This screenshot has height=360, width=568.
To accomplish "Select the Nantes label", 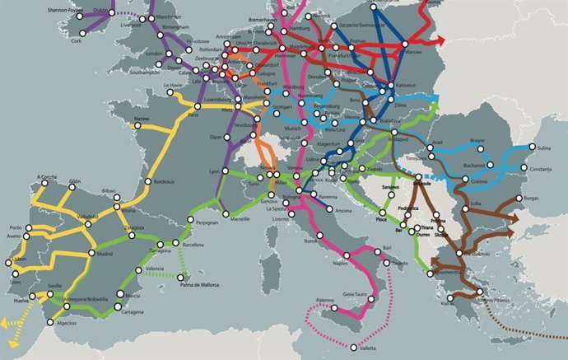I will click(142, 119).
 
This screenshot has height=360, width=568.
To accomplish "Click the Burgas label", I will click(532, 199).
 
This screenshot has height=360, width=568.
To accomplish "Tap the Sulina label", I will click(539, 148).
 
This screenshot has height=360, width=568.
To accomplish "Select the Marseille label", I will click(241, 221).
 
